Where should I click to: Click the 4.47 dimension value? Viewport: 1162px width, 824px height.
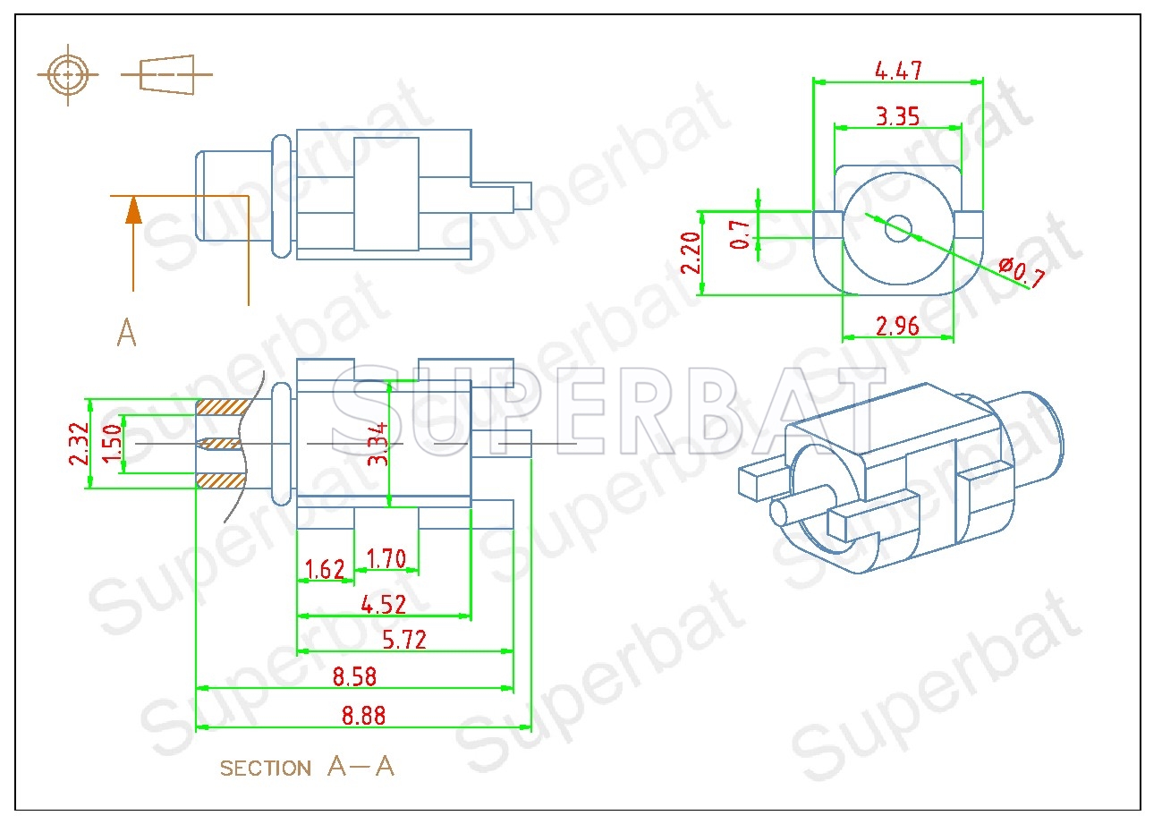(897, 70)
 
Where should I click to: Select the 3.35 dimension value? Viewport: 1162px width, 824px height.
(897, 116)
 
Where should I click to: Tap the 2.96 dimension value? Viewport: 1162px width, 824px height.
(897, 326)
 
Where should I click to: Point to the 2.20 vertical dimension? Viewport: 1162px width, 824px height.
(689, 253)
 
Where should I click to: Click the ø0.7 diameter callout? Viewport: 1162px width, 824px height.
(1021, 272)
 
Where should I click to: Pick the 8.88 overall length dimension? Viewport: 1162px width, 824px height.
(362, 716)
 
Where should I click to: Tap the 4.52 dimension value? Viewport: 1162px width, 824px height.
(383, 604)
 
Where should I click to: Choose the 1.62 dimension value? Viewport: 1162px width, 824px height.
(325, 569)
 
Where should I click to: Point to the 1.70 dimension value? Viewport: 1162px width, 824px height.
(386, 560)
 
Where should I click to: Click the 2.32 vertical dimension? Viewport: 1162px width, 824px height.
(78, 443)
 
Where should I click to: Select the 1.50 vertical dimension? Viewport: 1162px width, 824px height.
(111, 443)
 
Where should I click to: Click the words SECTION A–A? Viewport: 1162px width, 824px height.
(307, 767)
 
